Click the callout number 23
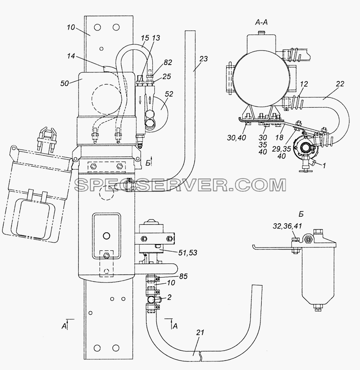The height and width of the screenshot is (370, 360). coord(203,58)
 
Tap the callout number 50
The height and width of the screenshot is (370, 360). coord(64,83)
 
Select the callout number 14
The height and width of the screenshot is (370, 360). coord(71,56)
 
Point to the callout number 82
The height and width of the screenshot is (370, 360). coord(167,62)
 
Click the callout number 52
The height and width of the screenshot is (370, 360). coord(169,94)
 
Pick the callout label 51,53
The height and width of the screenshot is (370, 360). coord(188,253)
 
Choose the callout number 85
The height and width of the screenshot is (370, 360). coord(183,276)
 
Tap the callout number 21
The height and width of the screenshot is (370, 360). coord(200,333)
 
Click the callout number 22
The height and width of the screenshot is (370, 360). coord(340,84)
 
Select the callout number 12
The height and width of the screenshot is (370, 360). coord(304,84)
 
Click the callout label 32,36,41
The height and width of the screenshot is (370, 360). coord(287,226)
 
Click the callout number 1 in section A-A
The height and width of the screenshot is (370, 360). coord(324,166)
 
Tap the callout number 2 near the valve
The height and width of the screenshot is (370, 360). coord(169,297)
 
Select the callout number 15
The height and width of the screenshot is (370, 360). coord(145,38)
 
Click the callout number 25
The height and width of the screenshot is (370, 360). coord(167,76)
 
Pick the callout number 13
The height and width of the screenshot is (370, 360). coord(156,38)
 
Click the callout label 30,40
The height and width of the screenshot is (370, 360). coord(237,138)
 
